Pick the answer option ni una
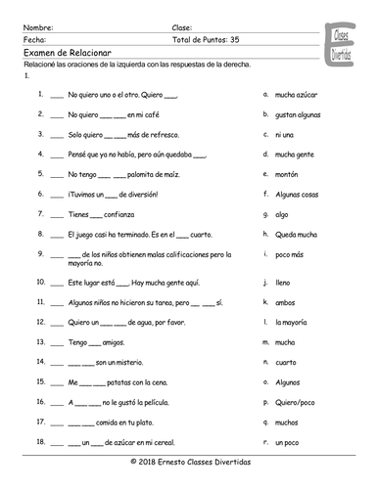coord(285,133)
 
